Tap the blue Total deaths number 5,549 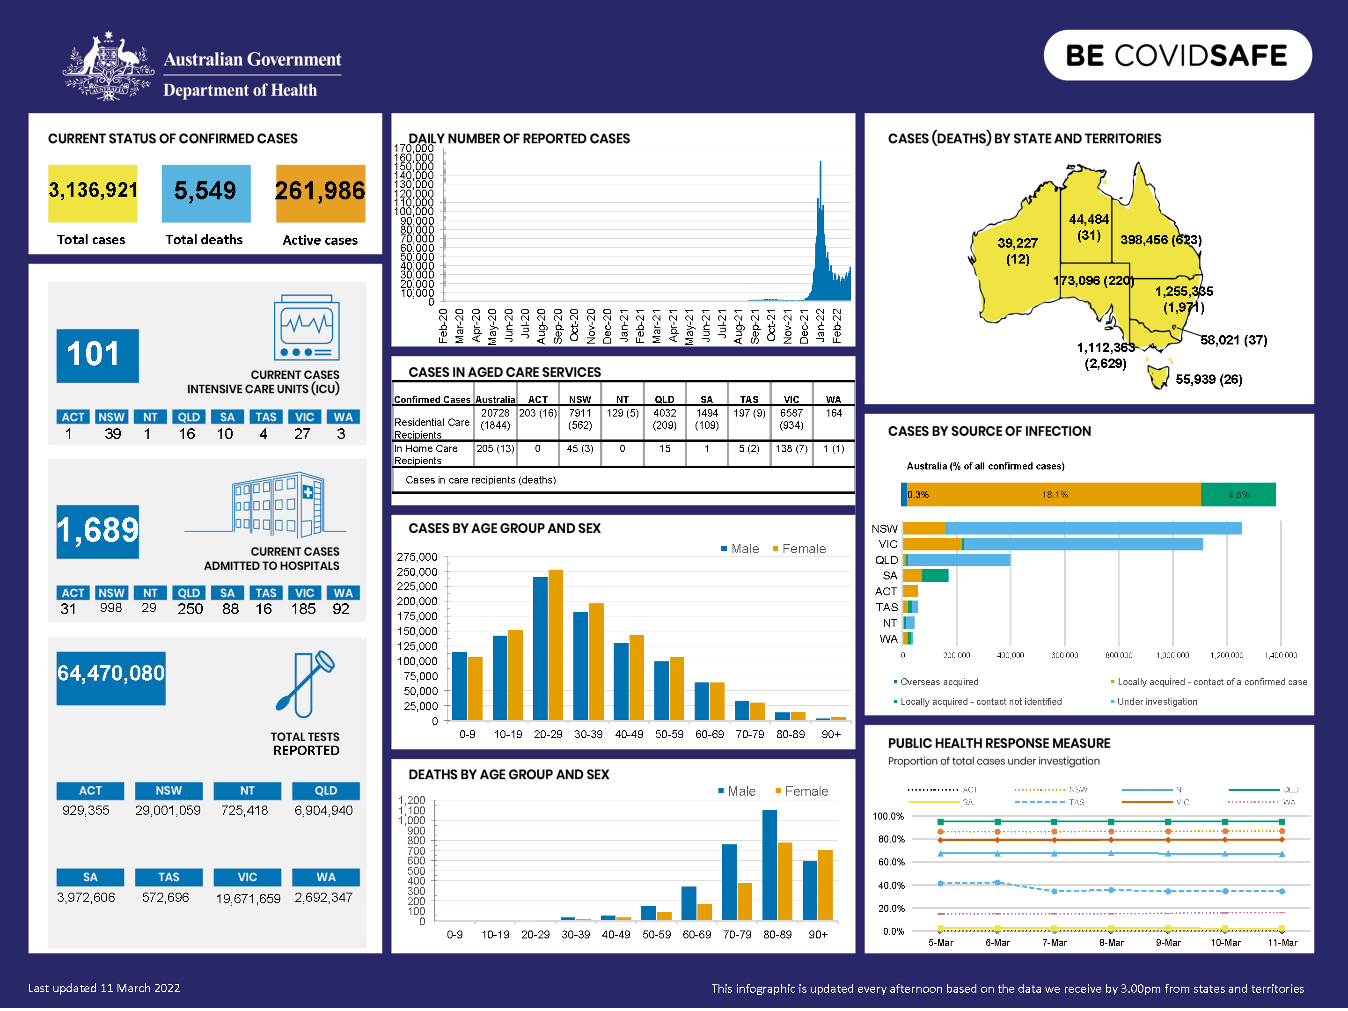(x=205, y=191)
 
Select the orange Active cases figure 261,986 (x=320, y=191)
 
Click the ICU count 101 (x=97, y=355)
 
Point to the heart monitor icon (x=307, y=328)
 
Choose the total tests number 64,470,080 (x=111, y=674)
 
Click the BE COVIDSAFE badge (x=1177, y=55)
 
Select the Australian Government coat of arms (x=109, y=67)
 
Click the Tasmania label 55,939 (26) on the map (x=1209, y=380)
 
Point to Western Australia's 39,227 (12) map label (x=1017, y=250)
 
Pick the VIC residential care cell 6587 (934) (x=791, y=419)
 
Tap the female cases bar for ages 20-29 (x=555, y=645)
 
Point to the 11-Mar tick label (x=1282, y=943)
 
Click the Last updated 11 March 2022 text (x=104, y=989)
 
